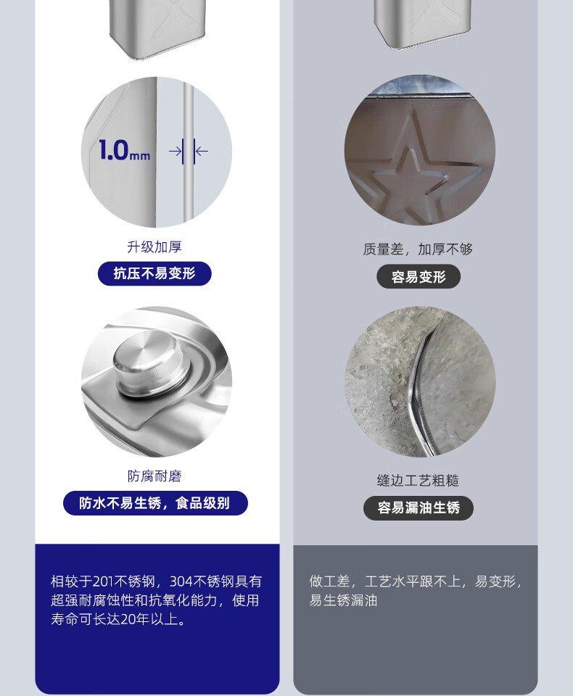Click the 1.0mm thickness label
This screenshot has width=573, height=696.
pos(124,151)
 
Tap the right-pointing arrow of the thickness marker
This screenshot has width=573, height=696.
pos(175,152)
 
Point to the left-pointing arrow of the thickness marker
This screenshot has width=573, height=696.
pos(202,152)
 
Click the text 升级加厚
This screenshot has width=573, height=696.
pos(154,246)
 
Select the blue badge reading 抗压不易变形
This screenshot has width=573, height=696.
pos(154,273)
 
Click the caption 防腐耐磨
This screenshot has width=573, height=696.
pos(154,476)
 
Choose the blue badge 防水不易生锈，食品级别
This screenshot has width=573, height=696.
pos(155,503)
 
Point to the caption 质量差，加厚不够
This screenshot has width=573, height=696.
pos(418,249)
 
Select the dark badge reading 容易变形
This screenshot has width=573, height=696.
pos(419,277)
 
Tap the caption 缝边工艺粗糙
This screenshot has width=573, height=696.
pos(418,480)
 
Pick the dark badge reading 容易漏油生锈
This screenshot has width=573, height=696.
pos(419,507)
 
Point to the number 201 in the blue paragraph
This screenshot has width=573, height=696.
pos(103,581)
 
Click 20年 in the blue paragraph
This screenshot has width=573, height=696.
pos(135,619)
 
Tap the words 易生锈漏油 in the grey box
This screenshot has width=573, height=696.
pos(343,600)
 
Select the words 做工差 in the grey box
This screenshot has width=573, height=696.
pos(329,581)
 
